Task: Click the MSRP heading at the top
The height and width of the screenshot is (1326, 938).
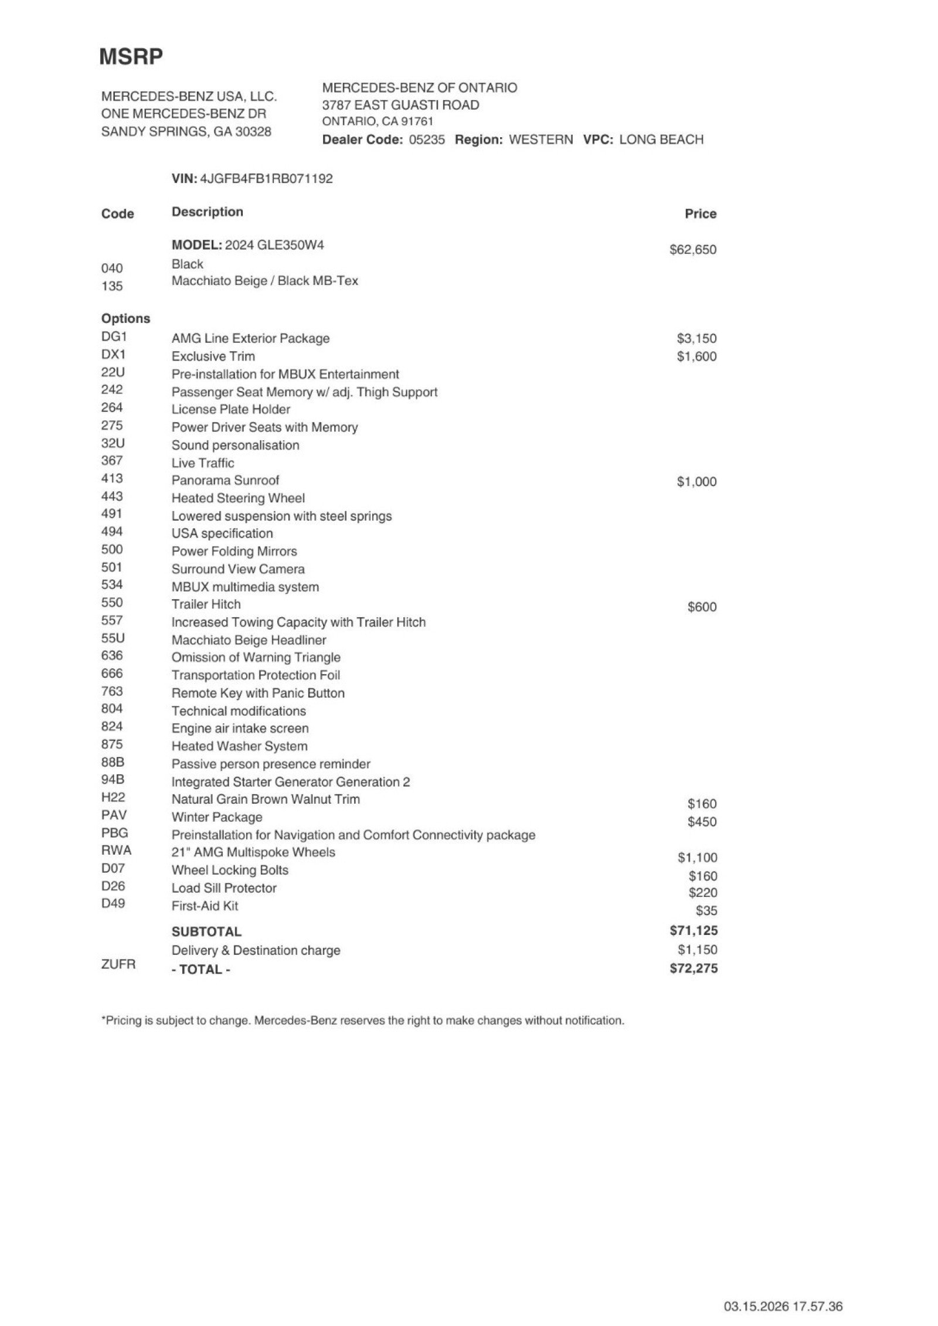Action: [131, 57]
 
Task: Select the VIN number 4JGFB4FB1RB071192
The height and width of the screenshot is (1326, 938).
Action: [266, 179]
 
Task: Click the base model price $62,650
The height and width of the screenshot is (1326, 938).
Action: [692, 250]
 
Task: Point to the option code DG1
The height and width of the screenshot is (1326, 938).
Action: [114, 337]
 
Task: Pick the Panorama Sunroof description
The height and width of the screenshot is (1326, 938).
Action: [225, 481]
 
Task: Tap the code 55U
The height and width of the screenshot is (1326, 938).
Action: [113, 639]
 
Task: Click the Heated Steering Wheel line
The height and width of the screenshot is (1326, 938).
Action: [238, 498]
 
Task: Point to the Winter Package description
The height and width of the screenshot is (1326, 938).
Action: [216, 817]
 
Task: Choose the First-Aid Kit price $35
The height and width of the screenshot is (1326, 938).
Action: [706, 911]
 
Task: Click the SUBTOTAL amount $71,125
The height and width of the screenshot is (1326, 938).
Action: [693, 930]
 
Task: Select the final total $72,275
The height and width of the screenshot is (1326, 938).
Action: [693, 968]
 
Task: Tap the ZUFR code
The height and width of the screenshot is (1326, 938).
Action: [118, 964]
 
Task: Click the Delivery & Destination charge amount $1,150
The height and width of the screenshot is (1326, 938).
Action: [697, 950]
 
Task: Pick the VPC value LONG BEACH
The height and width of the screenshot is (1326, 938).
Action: [661, 140]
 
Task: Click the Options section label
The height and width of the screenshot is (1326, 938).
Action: [125, 319]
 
